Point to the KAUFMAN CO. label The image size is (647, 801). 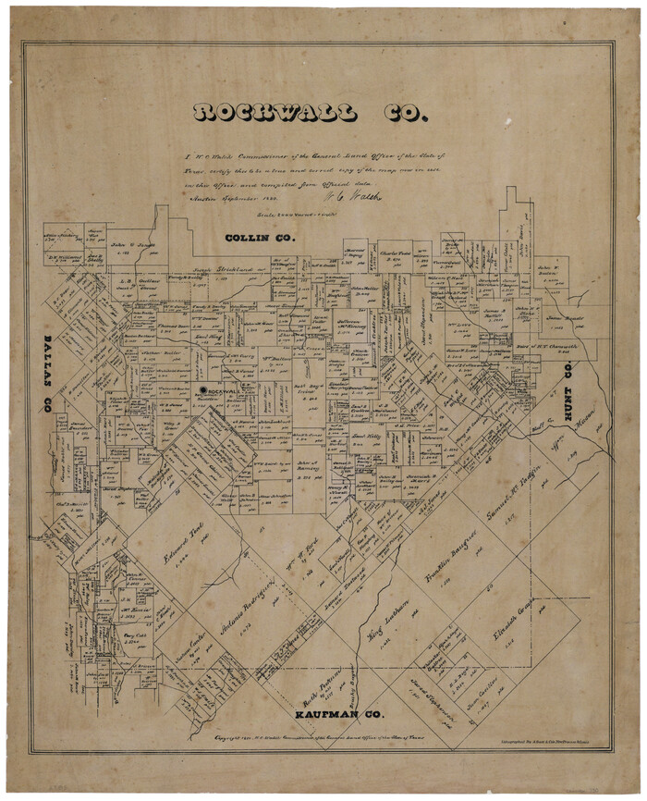(x=338, y=715)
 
